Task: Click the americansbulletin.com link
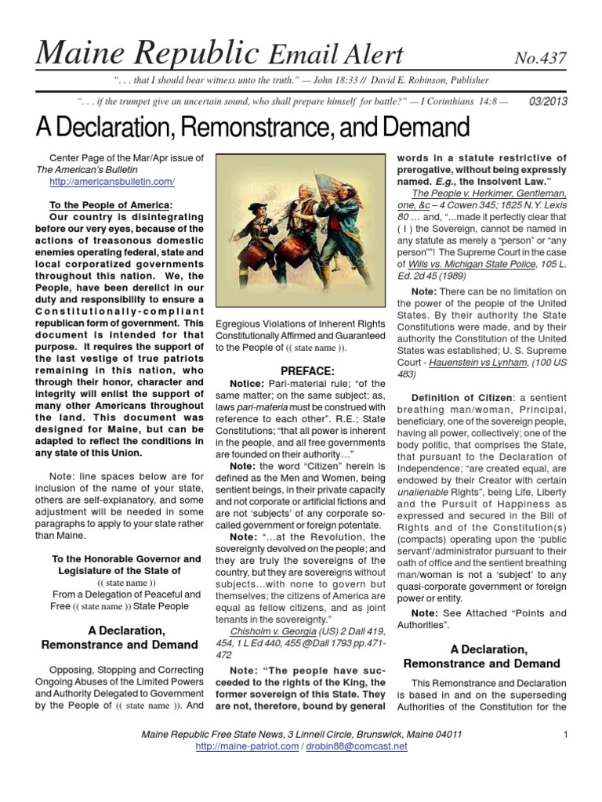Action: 111,182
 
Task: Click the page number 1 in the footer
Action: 564,734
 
